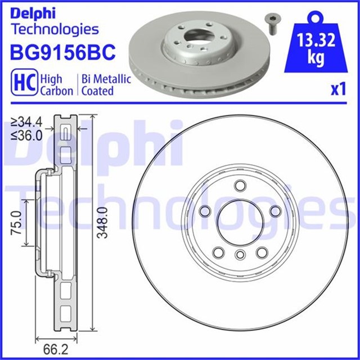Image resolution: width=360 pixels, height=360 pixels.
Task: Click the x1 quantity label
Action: point(337,89)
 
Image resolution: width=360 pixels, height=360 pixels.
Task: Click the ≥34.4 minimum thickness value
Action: point(28,121)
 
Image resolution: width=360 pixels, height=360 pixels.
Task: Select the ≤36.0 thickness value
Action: point(28,134)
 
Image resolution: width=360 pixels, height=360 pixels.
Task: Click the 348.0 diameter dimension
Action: point(101,223)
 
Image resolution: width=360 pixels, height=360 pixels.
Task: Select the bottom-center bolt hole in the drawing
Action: point(238,255)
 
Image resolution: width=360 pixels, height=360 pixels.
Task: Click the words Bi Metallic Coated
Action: point(106,84)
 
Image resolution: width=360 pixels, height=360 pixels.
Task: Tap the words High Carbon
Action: point(57,84)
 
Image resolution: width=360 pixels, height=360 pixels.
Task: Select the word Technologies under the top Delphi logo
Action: point(55,29)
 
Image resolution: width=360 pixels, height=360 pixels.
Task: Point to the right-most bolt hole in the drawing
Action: point(275,210)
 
